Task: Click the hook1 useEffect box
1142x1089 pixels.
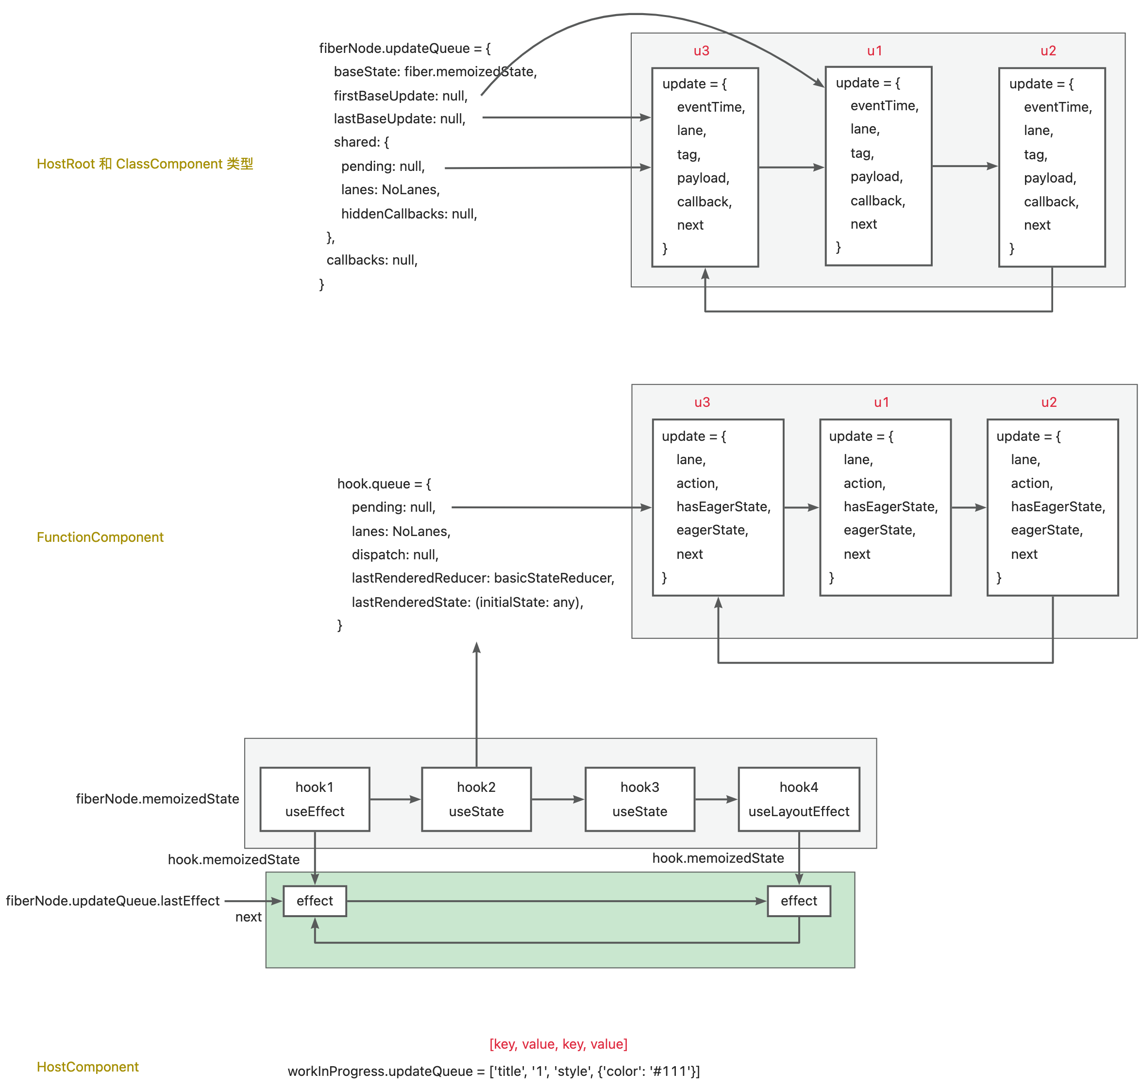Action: point(315,799)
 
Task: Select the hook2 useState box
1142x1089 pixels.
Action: point(476,799)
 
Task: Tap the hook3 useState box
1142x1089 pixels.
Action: point(640,799)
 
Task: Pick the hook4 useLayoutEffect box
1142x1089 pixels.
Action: point(798,799)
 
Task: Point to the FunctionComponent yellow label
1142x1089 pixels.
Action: point(100,537)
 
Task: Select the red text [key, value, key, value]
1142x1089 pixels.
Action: point(558,1044)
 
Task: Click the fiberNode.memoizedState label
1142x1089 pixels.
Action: point(157,799)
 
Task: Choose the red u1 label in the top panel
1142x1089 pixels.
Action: point(874,50)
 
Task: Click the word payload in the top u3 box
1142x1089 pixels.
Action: point(703,178)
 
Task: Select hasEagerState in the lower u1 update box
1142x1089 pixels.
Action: point(890,506)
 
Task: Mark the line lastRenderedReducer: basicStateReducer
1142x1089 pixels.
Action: point(483,578)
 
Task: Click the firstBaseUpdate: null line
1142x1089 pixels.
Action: point(400,95)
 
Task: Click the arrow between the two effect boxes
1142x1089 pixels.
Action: point(556,901)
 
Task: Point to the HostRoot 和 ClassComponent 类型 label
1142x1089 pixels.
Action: point(145,164)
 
